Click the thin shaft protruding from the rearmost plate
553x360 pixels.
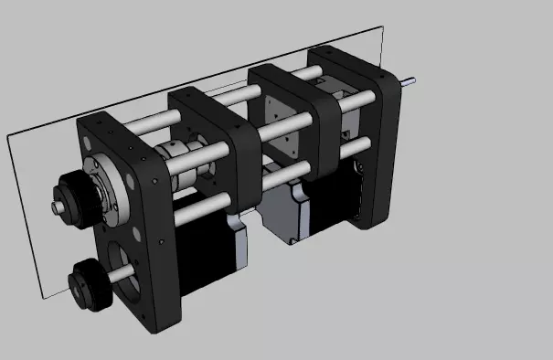(409, 80)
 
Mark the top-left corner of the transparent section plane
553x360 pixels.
(9, 134)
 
